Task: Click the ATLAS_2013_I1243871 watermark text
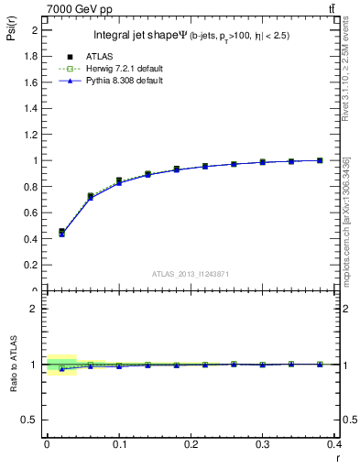(190, 274)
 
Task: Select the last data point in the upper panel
(321, 160)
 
